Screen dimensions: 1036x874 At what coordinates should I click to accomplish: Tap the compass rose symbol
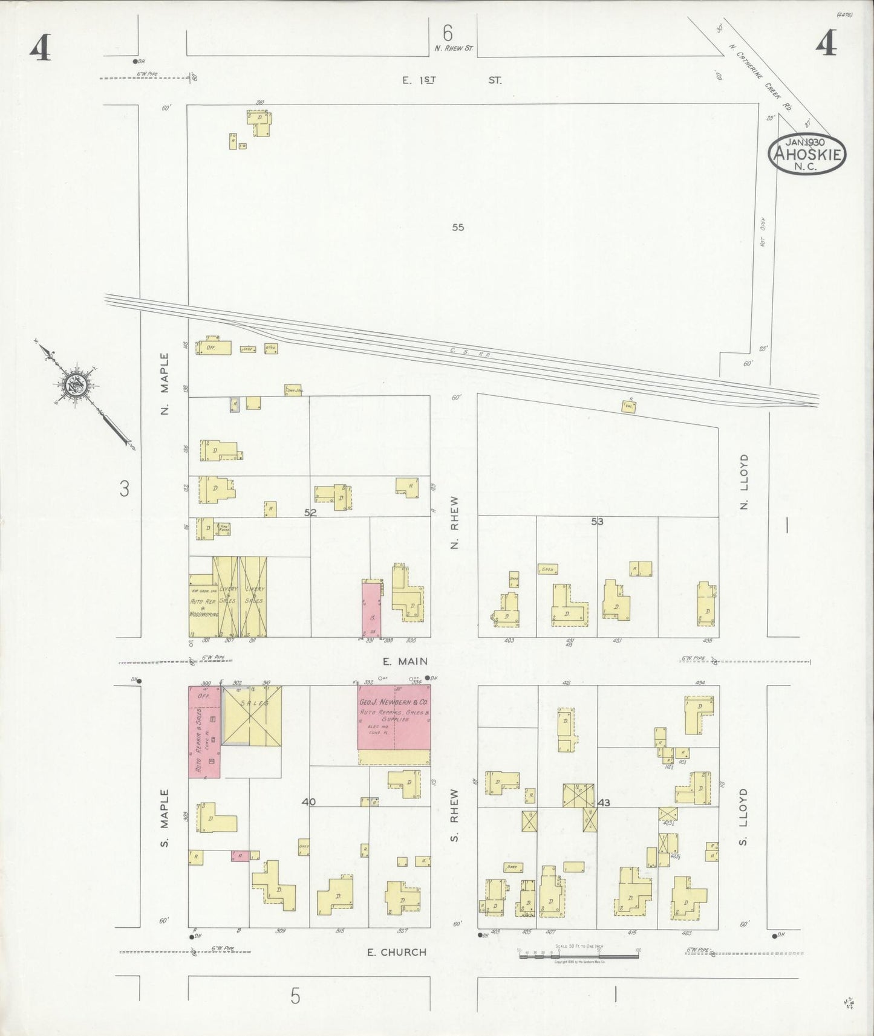[x=77, y=384]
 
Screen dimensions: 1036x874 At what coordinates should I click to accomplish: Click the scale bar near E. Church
[x=579, y=953]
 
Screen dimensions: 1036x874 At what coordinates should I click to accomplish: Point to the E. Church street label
[x=397, y=952]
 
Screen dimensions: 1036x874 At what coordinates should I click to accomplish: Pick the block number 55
[x=458, y=227]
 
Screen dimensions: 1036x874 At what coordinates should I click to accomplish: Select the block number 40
[x=308, y=802]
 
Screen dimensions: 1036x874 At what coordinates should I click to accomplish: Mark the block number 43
[x=603, y=803]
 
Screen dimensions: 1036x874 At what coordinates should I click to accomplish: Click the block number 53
[x=597, y=521]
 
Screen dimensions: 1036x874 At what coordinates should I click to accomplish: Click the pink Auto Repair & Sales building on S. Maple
[x=204, y=731]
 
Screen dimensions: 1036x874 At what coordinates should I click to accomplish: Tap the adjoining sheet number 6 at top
[x=447, y=31]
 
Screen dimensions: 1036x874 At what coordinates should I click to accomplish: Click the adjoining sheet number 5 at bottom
[x=295, y=996]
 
